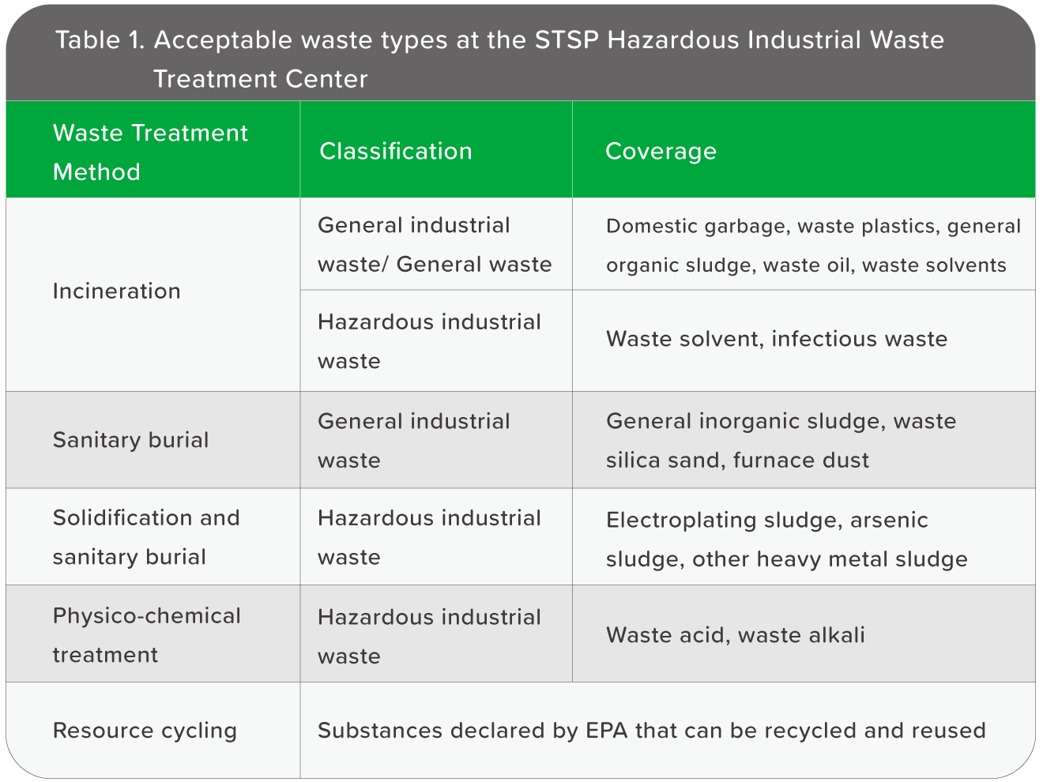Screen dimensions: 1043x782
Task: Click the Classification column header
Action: click(395, 151)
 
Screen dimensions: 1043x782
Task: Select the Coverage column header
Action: click(661, 152)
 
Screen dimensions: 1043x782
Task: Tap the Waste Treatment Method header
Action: click(150, 152)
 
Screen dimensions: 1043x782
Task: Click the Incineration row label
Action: click(116, 291)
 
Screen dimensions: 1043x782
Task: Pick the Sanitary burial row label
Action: click(130, 440)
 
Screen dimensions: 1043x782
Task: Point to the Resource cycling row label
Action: click(145, 731)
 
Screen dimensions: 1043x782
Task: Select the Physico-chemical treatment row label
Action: click(146, 635)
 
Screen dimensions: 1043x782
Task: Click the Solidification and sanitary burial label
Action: click(146, 537)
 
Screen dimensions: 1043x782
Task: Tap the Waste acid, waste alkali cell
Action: click(735, 635)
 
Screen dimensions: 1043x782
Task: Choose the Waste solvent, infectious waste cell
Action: click(777, 339)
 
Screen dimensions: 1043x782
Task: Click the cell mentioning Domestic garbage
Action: click(813, 246)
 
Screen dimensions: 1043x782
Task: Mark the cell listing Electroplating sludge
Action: click(786, 540)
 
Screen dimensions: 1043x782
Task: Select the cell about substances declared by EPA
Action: click(651, 730)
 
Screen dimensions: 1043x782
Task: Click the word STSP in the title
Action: click(566, 39)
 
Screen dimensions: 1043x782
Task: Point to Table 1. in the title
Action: click(100, 39)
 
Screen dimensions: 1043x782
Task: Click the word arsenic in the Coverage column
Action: click(889, 520)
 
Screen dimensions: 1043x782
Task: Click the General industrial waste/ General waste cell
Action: click(435, 245)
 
